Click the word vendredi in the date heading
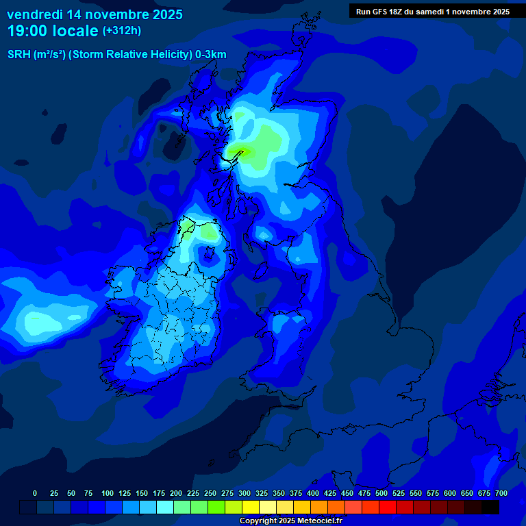point(34,14)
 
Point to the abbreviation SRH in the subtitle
point(18,55)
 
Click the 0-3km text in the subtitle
point(211,55)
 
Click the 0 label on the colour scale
point(35,493)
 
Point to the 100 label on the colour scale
point(108,493)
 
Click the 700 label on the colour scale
point(501,493)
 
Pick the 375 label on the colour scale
point(296,493)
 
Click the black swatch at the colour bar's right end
point(490,507)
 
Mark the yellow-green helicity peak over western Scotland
point(240,151)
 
